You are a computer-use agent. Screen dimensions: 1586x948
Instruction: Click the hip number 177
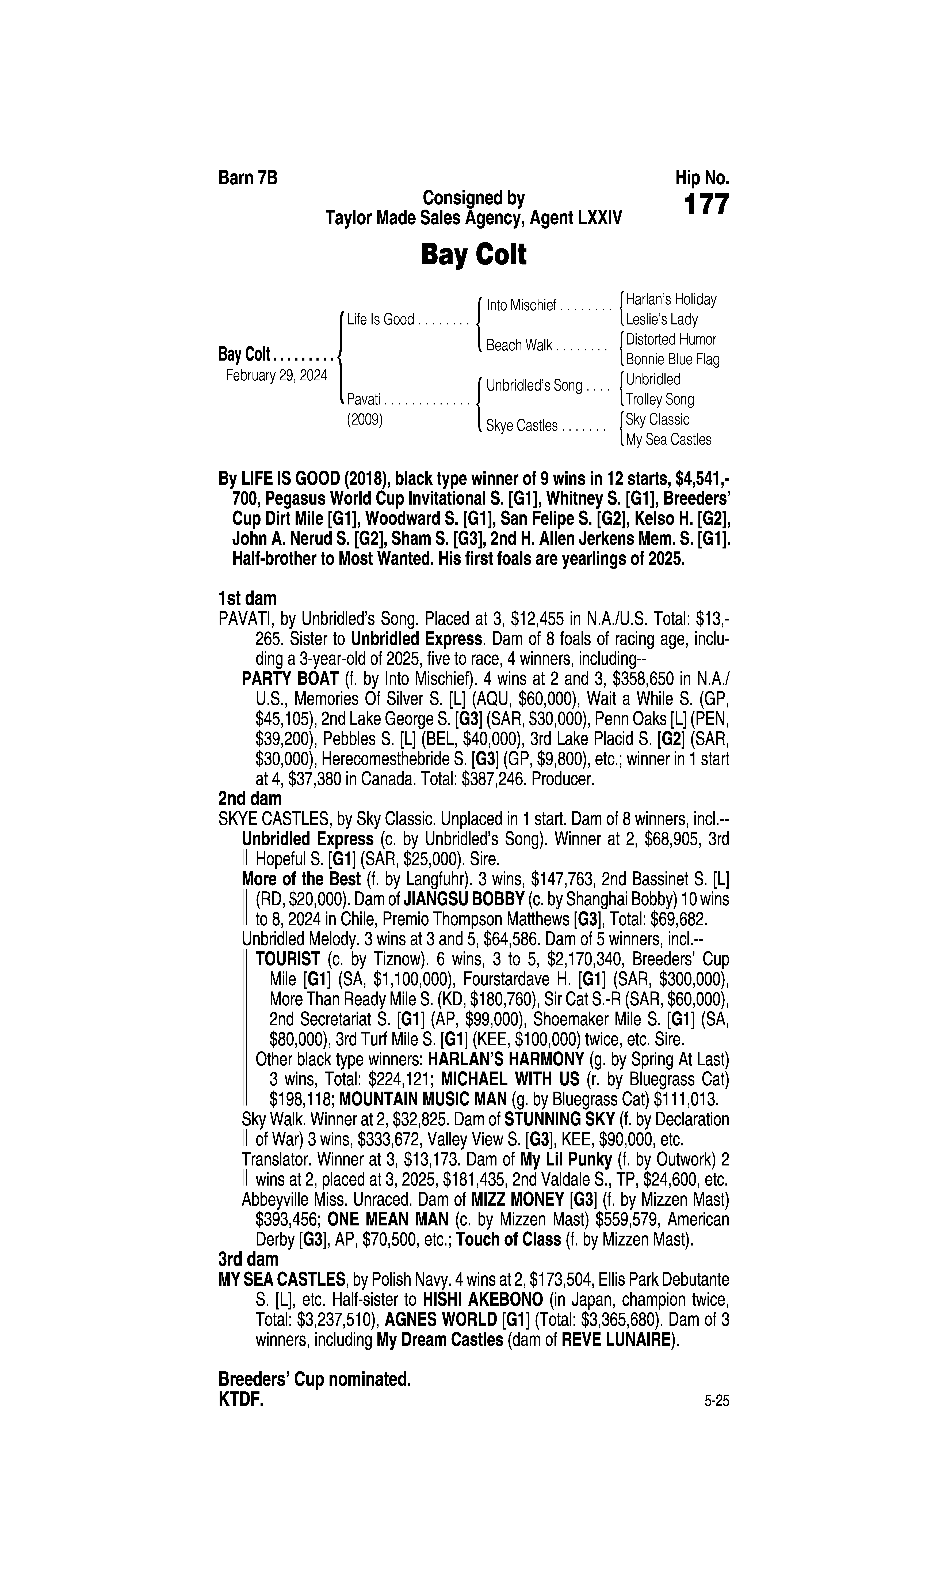706,205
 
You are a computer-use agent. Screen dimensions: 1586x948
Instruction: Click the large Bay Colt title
473,255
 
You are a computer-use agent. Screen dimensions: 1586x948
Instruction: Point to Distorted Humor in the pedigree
671,339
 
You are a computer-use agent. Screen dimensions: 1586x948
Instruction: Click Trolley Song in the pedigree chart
660,399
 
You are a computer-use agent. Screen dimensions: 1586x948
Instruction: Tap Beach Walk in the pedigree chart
519,346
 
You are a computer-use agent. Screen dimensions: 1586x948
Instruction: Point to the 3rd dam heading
249,1259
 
